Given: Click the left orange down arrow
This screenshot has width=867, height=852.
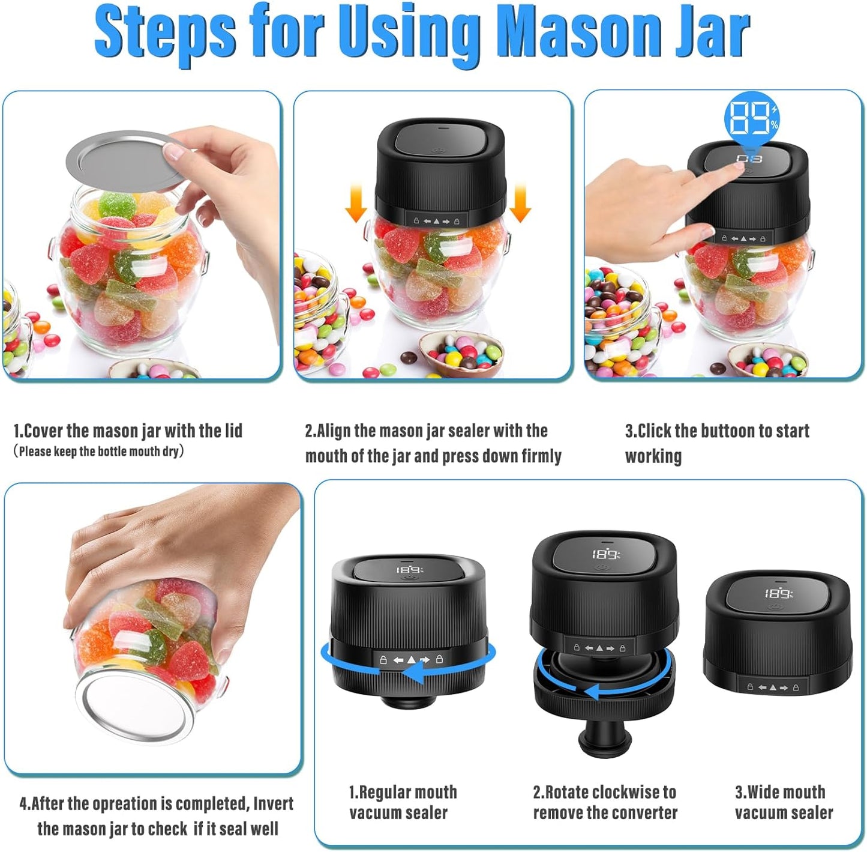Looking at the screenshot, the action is click(x=356, y=203).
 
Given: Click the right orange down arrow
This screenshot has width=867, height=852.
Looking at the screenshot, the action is click(x=520, y=203).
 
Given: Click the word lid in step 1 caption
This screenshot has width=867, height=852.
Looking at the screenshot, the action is click(x=233, y=431).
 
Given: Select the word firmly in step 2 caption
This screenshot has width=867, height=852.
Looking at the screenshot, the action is click(x=541, y=456).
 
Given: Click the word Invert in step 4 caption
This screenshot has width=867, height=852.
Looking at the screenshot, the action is click(x=274, y=803).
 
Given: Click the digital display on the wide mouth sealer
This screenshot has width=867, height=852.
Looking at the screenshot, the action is click(x=779, y=593).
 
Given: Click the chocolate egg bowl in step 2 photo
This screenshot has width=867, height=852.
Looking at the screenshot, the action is click(x=461, y=354).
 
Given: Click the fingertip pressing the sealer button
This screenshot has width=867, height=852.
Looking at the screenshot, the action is click(x=739, y=166).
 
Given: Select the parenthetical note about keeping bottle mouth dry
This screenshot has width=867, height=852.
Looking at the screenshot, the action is click(x=98, y=452).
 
